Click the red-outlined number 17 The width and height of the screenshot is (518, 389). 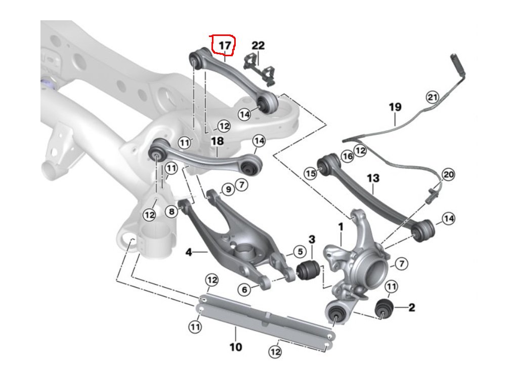pyautogui.click(x=225, y=46)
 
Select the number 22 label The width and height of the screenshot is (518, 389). pyautogui.click(x=258, y=46)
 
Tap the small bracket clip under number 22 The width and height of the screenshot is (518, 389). pyautogui.click(x=259, y=67)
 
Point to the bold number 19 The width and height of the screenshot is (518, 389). pyautogui.click(x=395, y=107)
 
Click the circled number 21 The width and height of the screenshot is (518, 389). pyautogui.click(x=432, y=97)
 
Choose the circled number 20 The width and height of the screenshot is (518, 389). pyautogui.click(x=448, y=175)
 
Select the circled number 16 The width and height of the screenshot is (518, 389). pyautogui.click(x=347, y=157)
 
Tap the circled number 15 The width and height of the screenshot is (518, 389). pyautogui.click(x=310, y=173)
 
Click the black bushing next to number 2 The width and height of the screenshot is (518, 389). pyautogui.click(x=385, y=308)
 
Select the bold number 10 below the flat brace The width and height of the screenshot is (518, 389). pyautogui.click(x=236, y=347)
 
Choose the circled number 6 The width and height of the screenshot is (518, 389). pyautogui.click(x=244, y=290)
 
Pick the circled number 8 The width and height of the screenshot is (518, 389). pyautogui.click(x=172, y=211)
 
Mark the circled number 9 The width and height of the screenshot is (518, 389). pyautogui.click(x=228, y=189)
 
